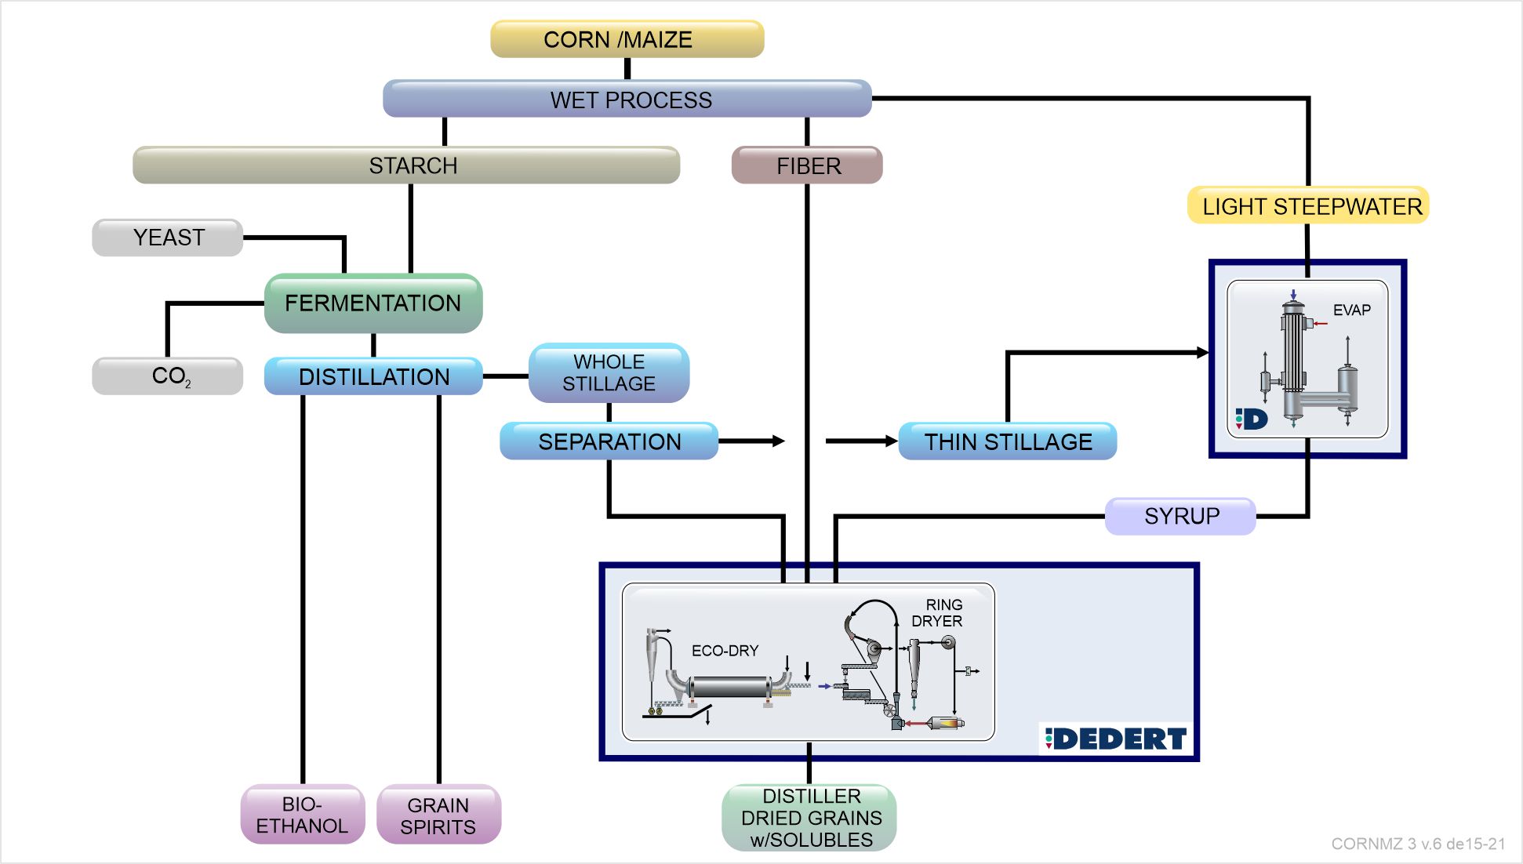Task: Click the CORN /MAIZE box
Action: [x=627, y=39]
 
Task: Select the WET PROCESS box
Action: [x=627, y=100]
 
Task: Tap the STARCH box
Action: [x=406, y=165]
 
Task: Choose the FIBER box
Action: [x=807, y=165]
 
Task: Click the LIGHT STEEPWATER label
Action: [x=1308, y=206]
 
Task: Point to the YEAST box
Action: [x=168, y=238]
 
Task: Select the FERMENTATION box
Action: [x=373, y=303]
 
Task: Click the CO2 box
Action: [x=168, y=376]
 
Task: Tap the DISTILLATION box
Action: [x=373, y=376]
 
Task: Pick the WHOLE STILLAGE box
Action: [x=609, y=372]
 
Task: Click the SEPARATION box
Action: [x=609, y=441]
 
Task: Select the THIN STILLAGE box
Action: [x=1008, y=441]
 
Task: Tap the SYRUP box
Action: [x=1180, y=516]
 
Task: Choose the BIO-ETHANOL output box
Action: [x=303, y=815]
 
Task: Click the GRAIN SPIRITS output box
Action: [x=438, y=815]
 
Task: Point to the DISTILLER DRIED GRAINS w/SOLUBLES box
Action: [x=809, y=818]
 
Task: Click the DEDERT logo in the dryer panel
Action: [x=1116, y=739]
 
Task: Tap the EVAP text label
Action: [x=1351, y=310]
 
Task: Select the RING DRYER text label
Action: [x=938, y=613]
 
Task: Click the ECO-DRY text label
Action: [x=725, y=651]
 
